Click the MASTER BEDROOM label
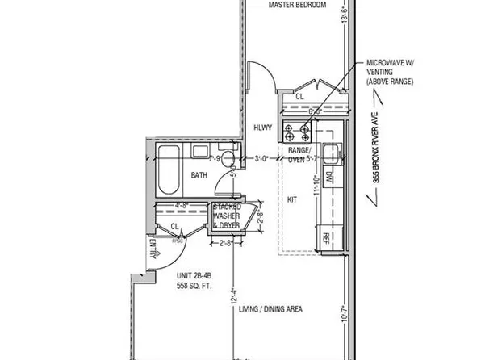(x=296, y=6)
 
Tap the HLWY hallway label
(x=262, y=127)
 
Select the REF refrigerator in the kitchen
(x=327, y=237)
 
